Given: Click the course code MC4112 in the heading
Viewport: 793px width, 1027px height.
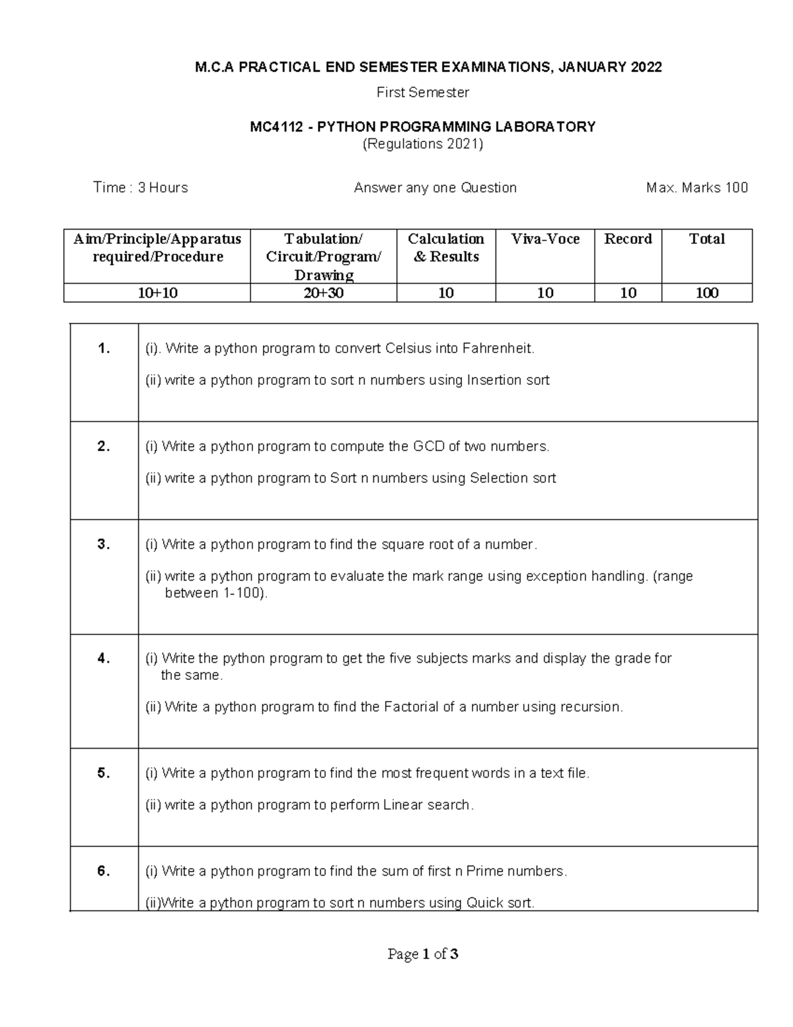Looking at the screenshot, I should pos(274,126).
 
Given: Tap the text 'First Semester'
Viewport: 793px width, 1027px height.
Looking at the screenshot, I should pos(422,93).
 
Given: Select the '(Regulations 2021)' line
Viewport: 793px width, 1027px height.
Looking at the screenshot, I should pos(423,144).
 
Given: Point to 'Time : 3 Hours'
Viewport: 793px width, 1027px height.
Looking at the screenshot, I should pos(141,188).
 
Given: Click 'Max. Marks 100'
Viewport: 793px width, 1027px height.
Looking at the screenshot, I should pos(697,188).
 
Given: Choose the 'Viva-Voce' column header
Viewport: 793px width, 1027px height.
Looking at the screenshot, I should pos(545,239).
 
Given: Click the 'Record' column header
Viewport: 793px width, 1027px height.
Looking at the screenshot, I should pos(628,239).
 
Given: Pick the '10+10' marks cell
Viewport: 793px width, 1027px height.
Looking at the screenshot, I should pos(157,293).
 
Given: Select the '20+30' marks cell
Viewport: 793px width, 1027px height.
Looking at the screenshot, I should pos(323,293).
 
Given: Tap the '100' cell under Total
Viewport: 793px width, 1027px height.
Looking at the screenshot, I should pos(706,293).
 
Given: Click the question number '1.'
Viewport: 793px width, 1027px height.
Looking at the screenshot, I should pos(104,349).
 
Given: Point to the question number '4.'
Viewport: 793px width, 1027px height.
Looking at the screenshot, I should pos(104,659).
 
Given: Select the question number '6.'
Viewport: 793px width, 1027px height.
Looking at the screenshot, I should pos(104,872).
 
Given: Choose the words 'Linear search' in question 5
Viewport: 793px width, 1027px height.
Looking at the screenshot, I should pos(428,805).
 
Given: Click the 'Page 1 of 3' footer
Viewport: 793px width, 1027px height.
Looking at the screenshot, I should pos(423,954).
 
